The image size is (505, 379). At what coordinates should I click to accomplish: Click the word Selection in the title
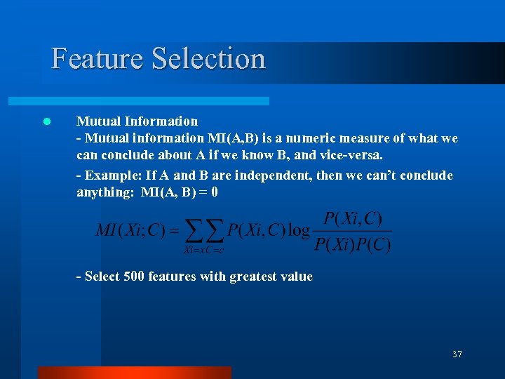(208, 58)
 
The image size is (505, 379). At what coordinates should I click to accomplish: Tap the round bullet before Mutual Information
(46, 121)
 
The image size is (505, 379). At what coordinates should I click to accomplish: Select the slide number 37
(457, 354)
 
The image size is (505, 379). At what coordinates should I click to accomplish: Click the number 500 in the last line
(133, 277)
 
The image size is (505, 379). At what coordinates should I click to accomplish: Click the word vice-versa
(350, 154)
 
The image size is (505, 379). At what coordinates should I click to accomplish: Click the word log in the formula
(298, 231)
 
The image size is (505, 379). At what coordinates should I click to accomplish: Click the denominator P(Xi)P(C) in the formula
(353, 244)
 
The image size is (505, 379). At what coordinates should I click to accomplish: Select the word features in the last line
(170, 277)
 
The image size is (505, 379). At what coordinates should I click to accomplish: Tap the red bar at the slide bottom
(133, 373)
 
